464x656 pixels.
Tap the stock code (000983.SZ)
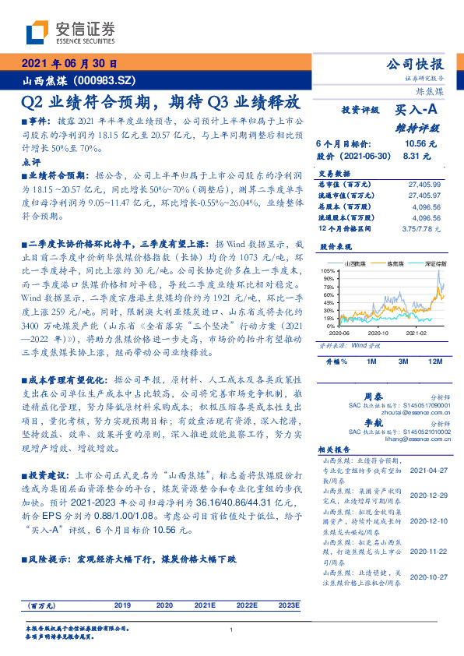tap(109, 80)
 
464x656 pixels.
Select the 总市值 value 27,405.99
tap(424, 184)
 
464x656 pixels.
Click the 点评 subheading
tap(32, 162)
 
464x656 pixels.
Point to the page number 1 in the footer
tap(232, 630)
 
